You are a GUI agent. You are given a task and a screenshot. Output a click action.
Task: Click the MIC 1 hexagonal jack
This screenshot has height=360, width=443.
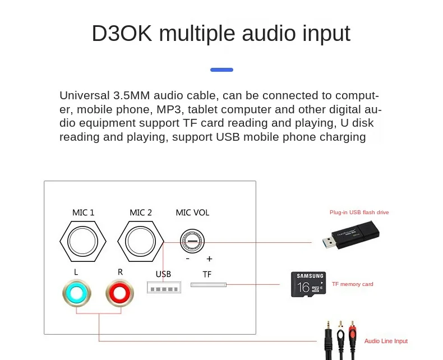point(83,242)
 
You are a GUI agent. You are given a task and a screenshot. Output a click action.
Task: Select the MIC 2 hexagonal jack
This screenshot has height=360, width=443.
point(141,242)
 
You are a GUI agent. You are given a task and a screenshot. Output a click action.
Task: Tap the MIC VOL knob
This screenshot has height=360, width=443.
point(192,242)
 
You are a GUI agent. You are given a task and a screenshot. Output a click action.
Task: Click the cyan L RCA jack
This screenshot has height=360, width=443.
point(77,293)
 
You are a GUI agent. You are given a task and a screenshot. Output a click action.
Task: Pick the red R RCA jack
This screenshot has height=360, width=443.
point(120,293)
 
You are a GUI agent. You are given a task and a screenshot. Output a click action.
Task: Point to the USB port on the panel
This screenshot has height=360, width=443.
point(163,288)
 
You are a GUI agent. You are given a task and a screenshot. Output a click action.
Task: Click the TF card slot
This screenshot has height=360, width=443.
point(208,285)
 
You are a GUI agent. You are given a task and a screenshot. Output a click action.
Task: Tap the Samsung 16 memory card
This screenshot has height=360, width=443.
point(308,284)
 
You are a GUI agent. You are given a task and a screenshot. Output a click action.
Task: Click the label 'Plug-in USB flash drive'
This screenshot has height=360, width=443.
point(359,213)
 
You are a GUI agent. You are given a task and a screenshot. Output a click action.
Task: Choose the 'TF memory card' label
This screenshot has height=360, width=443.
point(352,284)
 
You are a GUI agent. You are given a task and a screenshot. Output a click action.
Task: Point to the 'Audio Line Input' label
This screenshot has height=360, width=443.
point(386,341)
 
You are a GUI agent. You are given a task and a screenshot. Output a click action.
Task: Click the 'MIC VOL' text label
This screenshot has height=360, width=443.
point(192,213)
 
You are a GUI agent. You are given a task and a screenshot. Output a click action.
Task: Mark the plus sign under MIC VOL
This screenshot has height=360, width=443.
point(209,259)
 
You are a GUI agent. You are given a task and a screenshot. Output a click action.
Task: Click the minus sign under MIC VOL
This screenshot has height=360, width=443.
point(187,259)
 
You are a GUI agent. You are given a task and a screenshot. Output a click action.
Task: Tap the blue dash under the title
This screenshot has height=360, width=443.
point(221,70)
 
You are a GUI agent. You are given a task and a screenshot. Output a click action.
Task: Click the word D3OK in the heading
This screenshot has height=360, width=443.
point(122,34)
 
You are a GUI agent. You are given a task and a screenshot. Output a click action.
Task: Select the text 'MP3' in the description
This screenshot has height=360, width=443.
point(172,109)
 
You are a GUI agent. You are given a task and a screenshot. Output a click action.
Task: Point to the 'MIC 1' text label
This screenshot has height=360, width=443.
point(83,213)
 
